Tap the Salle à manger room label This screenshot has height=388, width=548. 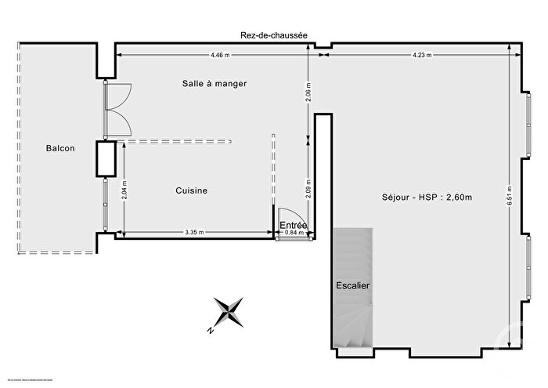pos(208,84)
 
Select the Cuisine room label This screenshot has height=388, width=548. pos(191,190)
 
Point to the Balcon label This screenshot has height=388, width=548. pos(60,148)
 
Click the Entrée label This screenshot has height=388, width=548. pos(294,225)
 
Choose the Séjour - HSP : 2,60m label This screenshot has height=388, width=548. pos(426,197)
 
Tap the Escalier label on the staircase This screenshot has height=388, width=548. pos(353,285)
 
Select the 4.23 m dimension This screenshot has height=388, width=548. pos(422,55)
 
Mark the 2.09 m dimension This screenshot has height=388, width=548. pos(308,190)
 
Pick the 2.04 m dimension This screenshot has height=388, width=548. pos(123,190)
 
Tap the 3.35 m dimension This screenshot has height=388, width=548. pos(194,232)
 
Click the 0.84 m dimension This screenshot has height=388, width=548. pos(292,232)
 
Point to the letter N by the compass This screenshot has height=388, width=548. pos(211,331)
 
